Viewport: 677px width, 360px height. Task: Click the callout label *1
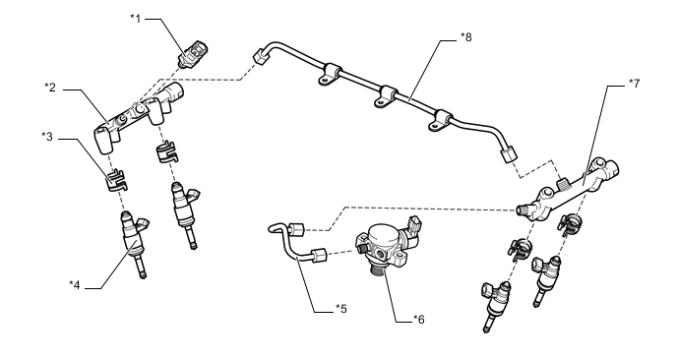[136, 19]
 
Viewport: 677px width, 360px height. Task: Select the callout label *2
[50, 88]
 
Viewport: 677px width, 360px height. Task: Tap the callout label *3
[47, 137]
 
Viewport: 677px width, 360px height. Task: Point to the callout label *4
[75, 285]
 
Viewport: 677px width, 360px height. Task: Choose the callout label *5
[341, 309]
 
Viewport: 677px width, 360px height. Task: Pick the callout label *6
[419, 320]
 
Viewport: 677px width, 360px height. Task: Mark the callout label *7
[634, 84]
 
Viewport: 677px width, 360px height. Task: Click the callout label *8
[465, 37]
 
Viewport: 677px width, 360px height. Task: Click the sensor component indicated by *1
[193, 54]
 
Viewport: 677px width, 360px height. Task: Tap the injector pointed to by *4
[134, 243]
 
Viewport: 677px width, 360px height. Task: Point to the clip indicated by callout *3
[116, 181]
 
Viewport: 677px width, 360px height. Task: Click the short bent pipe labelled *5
[298, 243]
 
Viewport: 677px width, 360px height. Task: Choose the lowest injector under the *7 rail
[495, 306]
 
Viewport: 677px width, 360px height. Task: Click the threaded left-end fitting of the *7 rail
[523, 210]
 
